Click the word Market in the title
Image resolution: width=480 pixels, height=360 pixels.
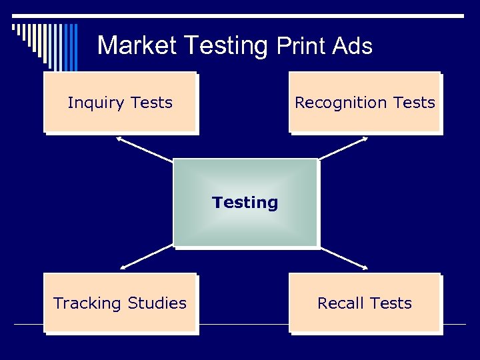pyautogui.click(x=137, y=45)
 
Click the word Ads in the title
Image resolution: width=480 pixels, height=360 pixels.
pyautogui.click(x=352, y=45)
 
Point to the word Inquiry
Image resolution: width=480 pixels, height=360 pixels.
pyautogui.click(x=96, y=103)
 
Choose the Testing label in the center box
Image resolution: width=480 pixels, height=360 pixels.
pyautogui.click(x=245, y=202)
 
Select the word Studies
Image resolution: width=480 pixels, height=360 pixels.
pyautogui.click(x=157, y=303)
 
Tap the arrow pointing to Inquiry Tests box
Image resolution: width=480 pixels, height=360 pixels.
pyautogui.click(x=144, y=149)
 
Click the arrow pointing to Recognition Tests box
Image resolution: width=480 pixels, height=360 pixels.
pyautogui.click(x=343, y=149)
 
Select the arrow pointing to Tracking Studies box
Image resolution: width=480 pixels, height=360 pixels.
pyautogui.click(x=147, y=257)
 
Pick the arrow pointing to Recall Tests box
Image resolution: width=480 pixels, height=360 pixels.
pyautogui.click(x=343, y=257)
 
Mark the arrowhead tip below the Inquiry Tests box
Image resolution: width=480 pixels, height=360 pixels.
pyautogui.click(x=117, y=138)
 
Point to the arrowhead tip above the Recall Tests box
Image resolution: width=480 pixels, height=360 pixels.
pyautogui.click(x=367, y=268)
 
